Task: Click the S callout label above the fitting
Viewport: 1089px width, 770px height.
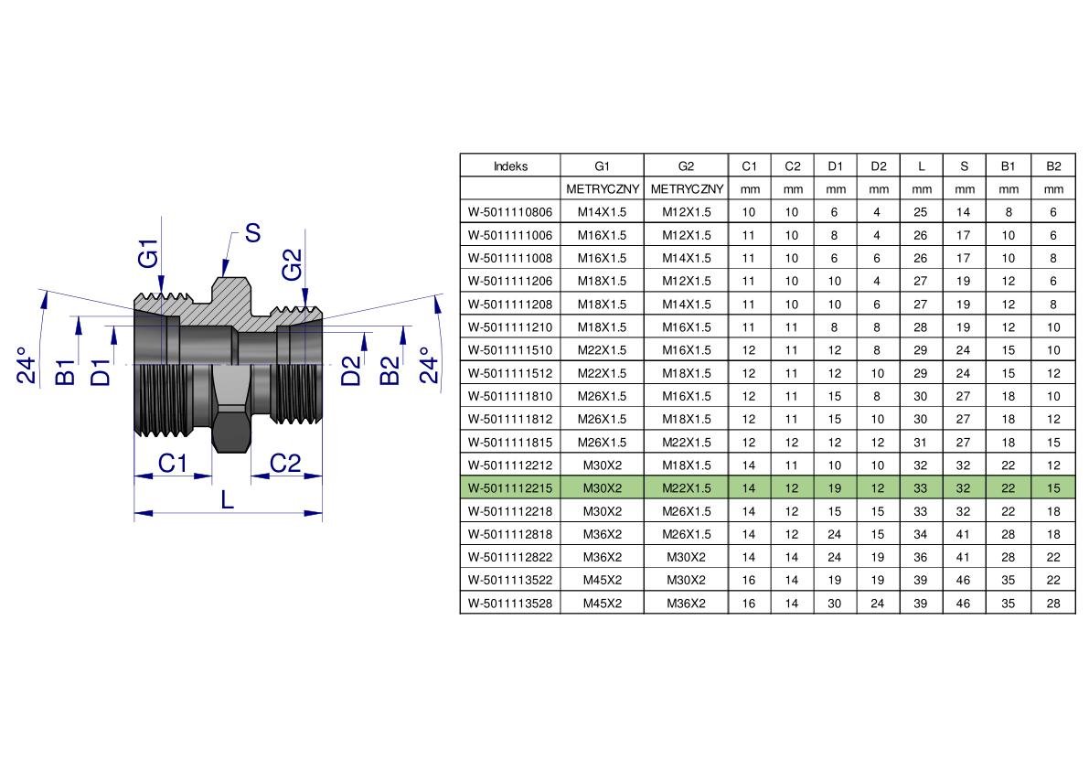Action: click(x=252, y=233)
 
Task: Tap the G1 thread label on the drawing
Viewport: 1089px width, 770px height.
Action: click(x=149, y=253)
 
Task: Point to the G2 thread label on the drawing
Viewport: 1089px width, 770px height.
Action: click(x=293, y=264)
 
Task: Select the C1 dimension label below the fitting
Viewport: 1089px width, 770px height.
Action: click(x=172, y=463)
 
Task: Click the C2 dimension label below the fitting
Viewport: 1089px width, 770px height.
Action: click(x=284, y=463)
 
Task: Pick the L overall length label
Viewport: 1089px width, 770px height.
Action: click(x=228, y=499)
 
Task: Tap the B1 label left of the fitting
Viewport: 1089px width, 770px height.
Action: click(x=65, y=372)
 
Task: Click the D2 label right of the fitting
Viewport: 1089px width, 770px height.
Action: click(x=351, y=370)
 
